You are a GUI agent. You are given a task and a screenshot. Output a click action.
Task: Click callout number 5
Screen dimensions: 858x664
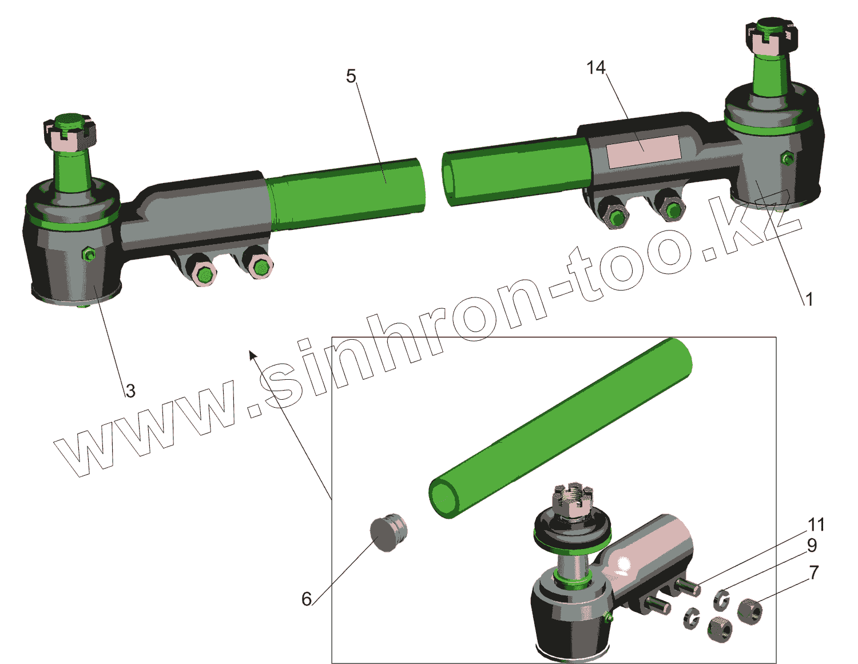tap(351, 76)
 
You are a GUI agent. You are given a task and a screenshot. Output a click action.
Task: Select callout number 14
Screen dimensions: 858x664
tap(596, 67)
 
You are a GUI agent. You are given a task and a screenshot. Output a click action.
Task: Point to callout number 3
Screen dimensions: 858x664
tap(130, 391)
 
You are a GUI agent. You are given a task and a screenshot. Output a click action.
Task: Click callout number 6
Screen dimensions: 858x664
tap(307, 599)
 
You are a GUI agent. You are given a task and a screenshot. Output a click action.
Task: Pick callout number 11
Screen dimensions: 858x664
tap(816, 524)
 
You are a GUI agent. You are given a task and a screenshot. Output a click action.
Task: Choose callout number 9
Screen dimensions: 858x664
tap(812, 545)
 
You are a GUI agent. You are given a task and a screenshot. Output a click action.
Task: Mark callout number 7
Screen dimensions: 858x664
tap(813, 572)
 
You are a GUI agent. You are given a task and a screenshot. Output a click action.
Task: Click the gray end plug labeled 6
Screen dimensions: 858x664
tap(388, 532)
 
